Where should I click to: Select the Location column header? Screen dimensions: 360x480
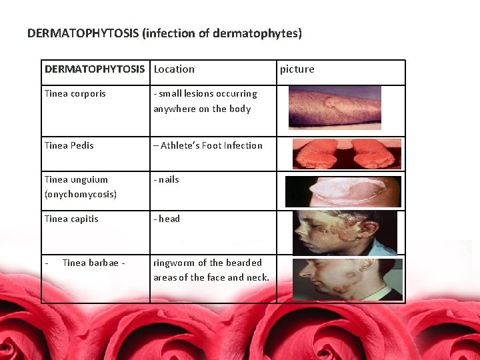(174, 69)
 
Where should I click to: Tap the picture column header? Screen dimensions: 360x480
(297, 69)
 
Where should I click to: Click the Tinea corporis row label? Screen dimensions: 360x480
(75, 93)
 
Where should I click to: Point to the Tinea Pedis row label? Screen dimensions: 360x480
(69, 145)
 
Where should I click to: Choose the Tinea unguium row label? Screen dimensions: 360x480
(76, 179)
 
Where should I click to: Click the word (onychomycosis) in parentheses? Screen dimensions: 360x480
(80, 194)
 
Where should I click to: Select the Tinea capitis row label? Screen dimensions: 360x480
(71, 219)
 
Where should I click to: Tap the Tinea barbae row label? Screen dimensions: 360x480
(91, 263)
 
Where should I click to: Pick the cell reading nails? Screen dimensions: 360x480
(167, 179)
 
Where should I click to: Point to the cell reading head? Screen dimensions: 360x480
(167, 219)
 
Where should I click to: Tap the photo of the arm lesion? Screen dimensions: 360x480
(335, 109)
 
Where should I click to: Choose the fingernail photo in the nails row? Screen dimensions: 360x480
(343, 192)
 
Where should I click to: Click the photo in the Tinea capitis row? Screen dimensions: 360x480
(344, 233)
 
